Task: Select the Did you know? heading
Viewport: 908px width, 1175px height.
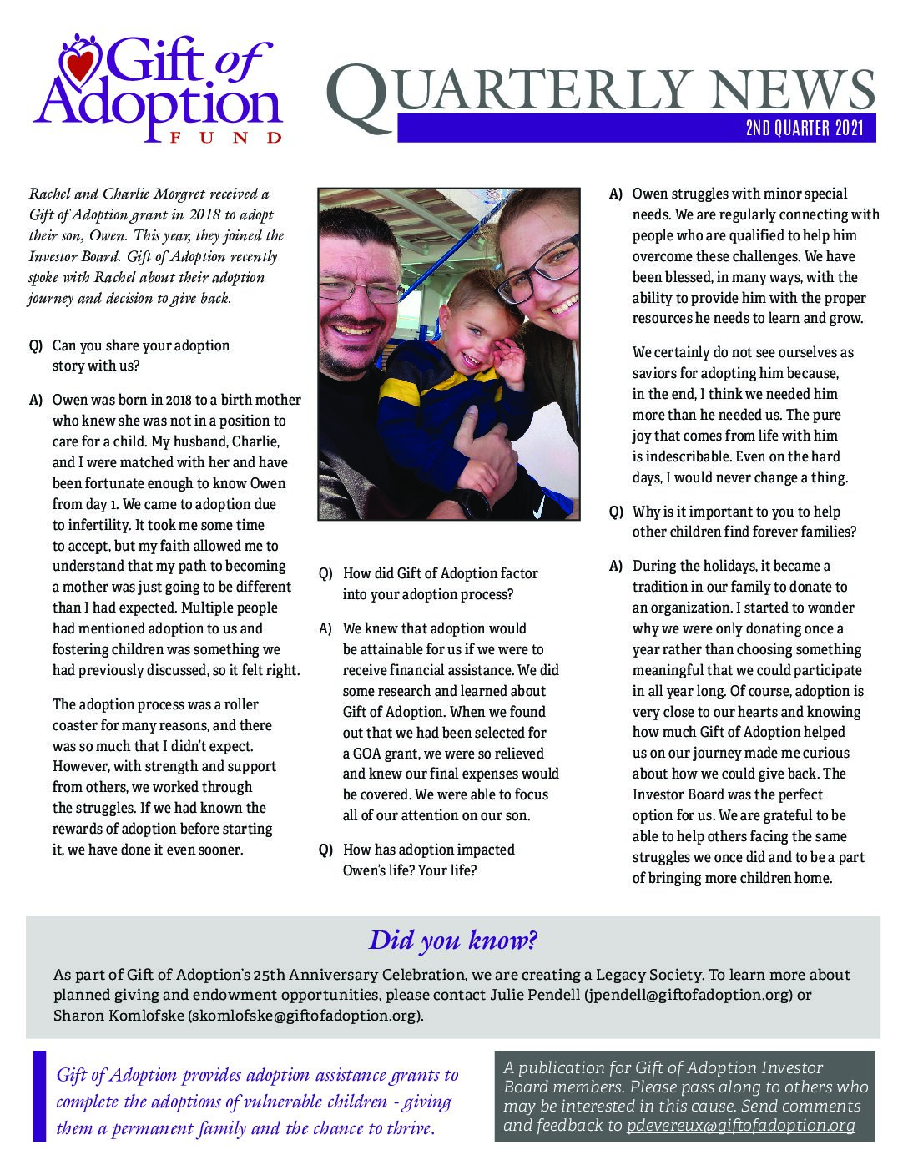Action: [x=453, y=940]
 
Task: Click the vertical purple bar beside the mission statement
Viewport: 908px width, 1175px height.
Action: [x=38, y=1096]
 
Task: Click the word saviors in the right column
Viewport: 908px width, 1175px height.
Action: [x=656, y=373]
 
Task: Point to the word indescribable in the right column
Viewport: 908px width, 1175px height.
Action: [x=694, y=456]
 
